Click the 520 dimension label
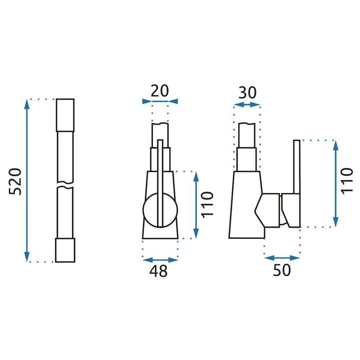15,181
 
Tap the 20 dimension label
160,91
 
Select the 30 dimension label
247,93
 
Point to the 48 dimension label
158,271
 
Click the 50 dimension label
282,270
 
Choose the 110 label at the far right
347,181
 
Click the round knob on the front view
160,210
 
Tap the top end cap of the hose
65,115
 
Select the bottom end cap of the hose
65,250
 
